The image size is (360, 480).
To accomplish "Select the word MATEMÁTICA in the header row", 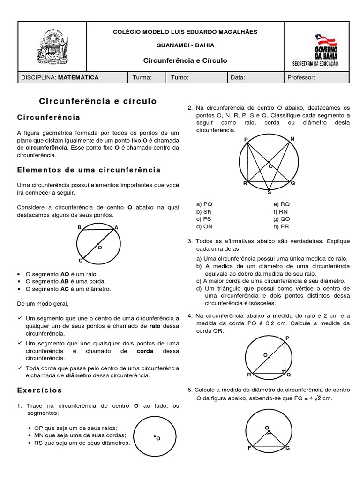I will pos(78,78).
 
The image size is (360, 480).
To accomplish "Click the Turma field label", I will pos(142,78).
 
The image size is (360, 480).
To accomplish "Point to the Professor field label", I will pos(301,78).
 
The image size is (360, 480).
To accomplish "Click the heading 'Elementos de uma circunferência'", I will pos(89,170).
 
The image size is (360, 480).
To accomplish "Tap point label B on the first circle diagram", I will pos(79,227).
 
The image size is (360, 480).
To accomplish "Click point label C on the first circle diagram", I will pos(80,261).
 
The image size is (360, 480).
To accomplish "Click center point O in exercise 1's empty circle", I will pos(155,437).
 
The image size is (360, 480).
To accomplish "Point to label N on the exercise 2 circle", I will pos(292,139).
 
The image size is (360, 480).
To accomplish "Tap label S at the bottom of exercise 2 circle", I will pos(269,192).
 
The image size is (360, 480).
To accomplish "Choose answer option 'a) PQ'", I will pos(204,204).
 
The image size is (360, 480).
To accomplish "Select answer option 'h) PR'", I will pos(281,227).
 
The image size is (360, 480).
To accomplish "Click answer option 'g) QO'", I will pos(282,219).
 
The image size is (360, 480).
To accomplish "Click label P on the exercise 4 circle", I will pos(287,338).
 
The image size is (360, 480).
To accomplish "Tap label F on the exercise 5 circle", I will pos(249,448).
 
